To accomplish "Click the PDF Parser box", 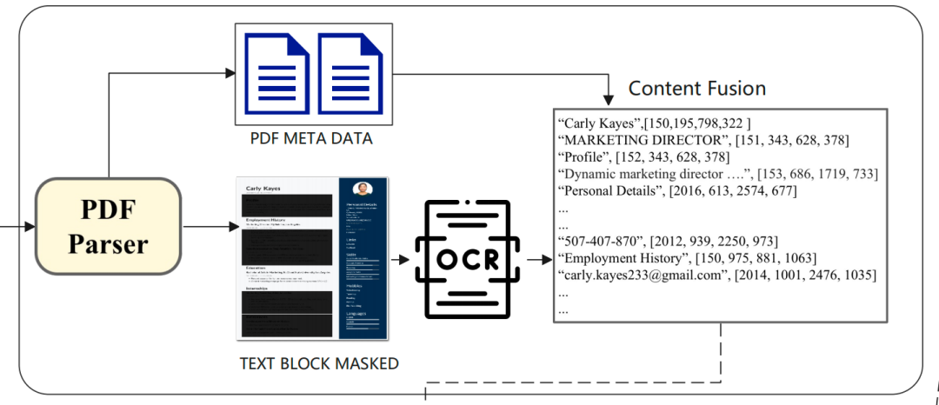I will [x=108, y=225].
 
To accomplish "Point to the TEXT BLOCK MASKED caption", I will [x=318, y=363].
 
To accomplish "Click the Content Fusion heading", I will [x=696, y=89].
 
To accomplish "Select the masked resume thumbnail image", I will [x=312, y=258].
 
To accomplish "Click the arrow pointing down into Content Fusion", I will [x=609, y=90].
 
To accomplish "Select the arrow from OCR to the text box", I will [x=535, y=259].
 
